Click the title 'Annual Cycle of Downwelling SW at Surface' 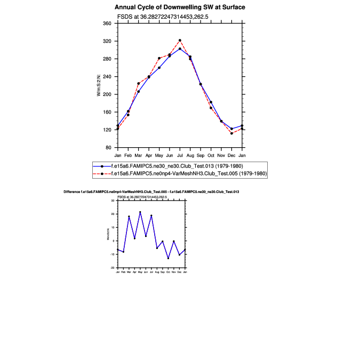[x=180, y=7]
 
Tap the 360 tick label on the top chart [x=107, y=23]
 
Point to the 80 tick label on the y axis [x=108, y=147]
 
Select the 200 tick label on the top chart [x=107, y=94]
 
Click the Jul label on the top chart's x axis [x=180, y=155]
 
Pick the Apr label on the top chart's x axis [x=149, y=155]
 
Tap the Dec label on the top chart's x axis [x=231, y=155]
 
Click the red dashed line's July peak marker [x=180, y=40]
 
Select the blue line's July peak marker [x=180, y=49]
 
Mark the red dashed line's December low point [x=231, y=133]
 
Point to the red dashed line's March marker [x=139, y=83]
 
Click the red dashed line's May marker [x=159, y=58]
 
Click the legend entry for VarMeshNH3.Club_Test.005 [x=188, y=174]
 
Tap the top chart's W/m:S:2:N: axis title [x=99, y=85]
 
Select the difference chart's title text [x=151, y=191]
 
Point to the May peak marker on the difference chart [x=140, y=212]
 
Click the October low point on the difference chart [x=168, y=258]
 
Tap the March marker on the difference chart [x=129, y=217]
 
